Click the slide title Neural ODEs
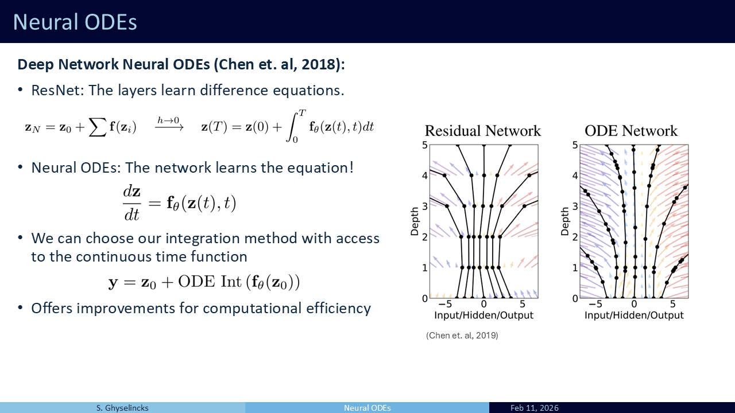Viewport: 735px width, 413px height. pyautogui.click(x=75, y=22)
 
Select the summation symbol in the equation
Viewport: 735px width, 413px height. pyautogui.click(x=98, y=127)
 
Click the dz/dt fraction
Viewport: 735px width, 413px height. pyautogui.click(x=132, y=203)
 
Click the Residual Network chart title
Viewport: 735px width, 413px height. pyautogui.click(x=483, y=131)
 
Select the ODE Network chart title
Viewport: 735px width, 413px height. pyautogui.click(x=630, y=131)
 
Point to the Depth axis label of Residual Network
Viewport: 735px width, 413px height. pyautogui.click(x=415, y=221)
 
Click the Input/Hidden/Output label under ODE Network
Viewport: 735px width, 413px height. pyautogui.click(x=634, y=315)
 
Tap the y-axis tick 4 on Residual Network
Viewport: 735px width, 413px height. pyautogui.click(x=425, y=176)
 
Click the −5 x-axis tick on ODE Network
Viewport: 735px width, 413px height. pyautogui.click(x=595, y=304)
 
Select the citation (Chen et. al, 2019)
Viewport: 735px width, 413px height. pyautogui.click(x=462, y=336)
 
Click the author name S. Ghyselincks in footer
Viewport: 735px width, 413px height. pyautogui.click(x=122, y=408)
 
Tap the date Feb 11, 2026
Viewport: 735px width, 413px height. pyautogui.click(x=535, y=408)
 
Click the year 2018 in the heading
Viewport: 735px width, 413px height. pyautogui.click(x=318, y=64)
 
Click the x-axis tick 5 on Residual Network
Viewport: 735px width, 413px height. pyautogui.click(x=523, y=304)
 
